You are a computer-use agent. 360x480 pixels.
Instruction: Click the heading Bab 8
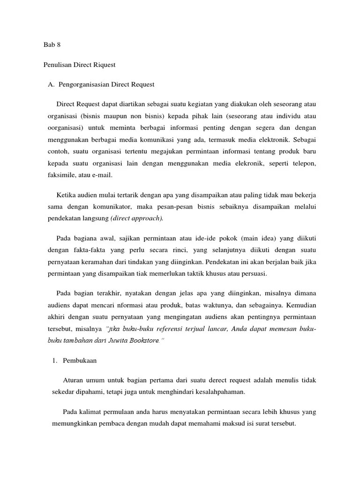pos(52,45)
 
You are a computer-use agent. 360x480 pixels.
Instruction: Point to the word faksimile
pos(60,174)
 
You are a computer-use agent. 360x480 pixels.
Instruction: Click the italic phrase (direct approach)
pos(137,218)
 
